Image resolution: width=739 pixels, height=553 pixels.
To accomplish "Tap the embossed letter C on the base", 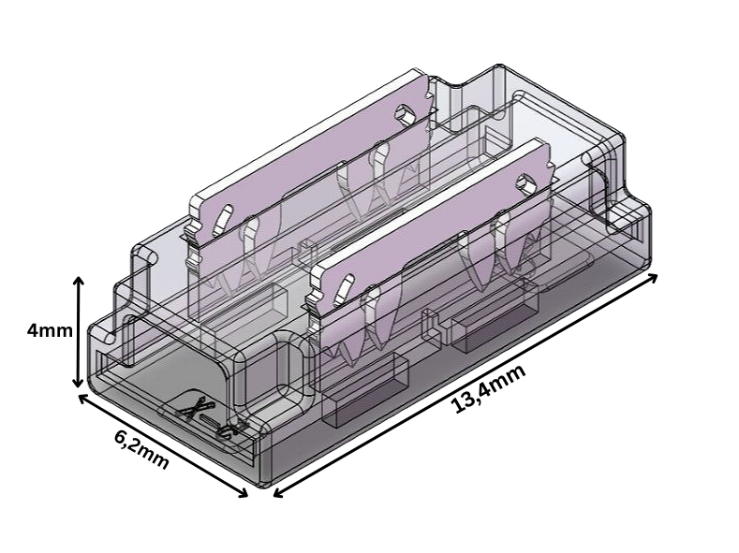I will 226,429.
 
